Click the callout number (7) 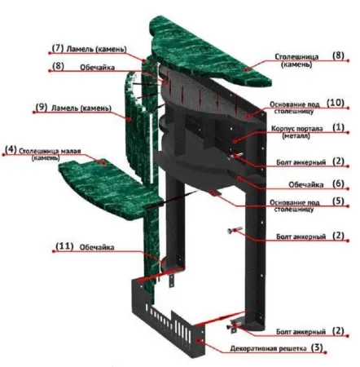58,48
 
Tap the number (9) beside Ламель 42,107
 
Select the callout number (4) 11,150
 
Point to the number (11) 64,246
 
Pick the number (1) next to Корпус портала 338,127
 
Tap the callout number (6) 338,183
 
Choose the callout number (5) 338,201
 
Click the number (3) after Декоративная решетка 317,347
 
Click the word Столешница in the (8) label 296,57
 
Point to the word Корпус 282,129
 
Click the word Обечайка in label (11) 97,247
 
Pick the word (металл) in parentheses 296,135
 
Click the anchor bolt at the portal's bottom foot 234,325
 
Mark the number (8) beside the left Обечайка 58,66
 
